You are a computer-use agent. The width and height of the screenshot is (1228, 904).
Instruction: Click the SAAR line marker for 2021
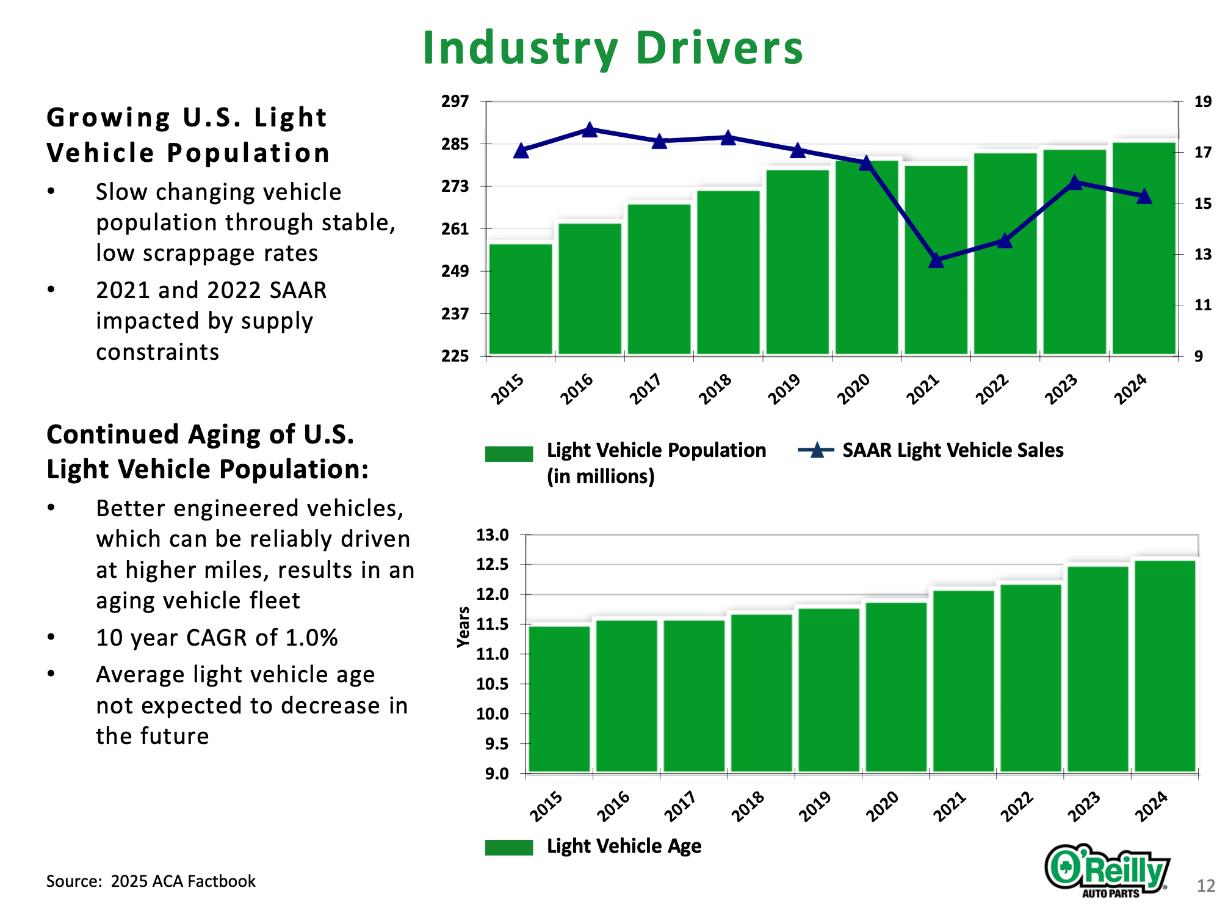pyautogui.click(x=936, y=260)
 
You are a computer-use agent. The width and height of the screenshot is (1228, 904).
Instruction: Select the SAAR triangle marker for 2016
pyautogui.click(x=590, y=129)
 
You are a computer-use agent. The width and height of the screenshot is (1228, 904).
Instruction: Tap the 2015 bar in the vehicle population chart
pyautogui.click(x=521, y=299)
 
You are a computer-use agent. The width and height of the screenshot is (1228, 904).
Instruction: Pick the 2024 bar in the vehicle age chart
pyautogui.click(x=1165, y=666)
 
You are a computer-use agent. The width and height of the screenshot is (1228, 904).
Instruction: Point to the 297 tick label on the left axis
pyautogui.click(x=455, y=101)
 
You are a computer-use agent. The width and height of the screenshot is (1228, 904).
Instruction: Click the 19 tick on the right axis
pyautogui.click(x=1202, y=101)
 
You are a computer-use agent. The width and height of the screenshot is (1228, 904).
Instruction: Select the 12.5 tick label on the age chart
pyautogui.click(x=493, y=564)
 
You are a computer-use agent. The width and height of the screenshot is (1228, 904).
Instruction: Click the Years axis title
pyautogui.click(x=463, y=627)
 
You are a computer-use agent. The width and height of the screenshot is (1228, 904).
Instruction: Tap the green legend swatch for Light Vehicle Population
pyautogui.click(x=509, y=454)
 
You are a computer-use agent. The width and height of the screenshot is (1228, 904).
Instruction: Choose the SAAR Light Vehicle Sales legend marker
pyautogui.click(x=816, y=451)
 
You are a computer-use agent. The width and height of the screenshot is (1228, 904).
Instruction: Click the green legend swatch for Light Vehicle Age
pyautogui.click(x=509, y=847)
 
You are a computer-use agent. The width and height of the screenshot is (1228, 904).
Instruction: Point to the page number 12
pyautogui.click(x=1205, y=886)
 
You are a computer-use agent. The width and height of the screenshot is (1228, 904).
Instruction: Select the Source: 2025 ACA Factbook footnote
pyautogui.click(x=151, y=881)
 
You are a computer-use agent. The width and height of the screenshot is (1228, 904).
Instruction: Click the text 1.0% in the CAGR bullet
pyautogui.click(x=311, y=638)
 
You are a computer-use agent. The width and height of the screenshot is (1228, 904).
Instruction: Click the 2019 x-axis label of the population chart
pyautogui.click(x=784, y=388)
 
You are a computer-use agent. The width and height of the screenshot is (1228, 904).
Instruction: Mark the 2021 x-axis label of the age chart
pyautogui.click(x=950, y=806)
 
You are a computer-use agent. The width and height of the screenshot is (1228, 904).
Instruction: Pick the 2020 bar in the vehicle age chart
pyautogui.click(x=896, y=687)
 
